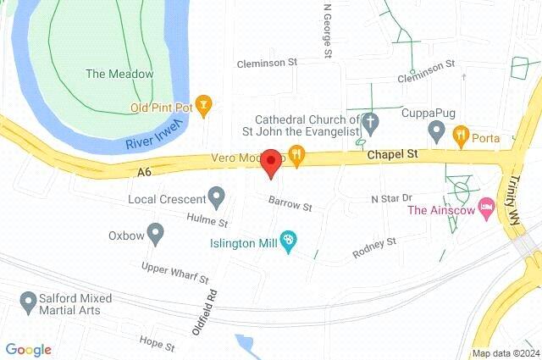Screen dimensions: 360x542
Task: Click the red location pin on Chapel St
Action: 271,161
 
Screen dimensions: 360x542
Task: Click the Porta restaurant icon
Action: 461,134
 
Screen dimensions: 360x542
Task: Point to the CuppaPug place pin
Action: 437,130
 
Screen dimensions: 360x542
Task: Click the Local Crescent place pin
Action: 217,199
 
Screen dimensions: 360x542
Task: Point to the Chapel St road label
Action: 393,155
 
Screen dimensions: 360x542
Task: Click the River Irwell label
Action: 155,136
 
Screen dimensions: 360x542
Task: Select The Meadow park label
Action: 120,74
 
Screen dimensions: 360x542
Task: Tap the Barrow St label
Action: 290,204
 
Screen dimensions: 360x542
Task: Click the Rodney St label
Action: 374,246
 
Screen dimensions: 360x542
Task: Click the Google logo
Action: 28,350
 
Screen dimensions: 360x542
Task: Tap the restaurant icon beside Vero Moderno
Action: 296,154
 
